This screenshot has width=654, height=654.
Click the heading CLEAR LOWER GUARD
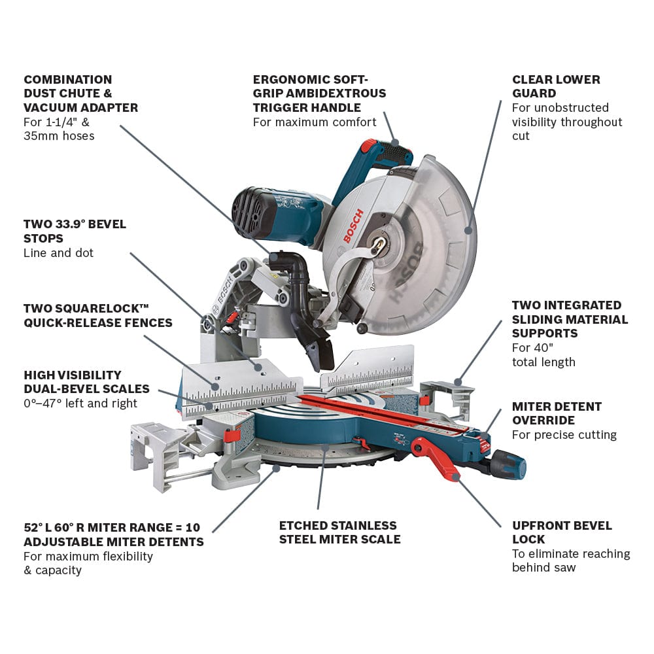(556, 86)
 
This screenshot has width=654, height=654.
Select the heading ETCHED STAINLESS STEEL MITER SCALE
(339, 532)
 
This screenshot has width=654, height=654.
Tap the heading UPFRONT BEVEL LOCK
(562, 532)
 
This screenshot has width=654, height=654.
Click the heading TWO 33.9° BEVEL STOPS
(75, 231)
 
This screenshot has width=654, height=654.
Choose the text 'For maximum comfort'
(315, 122)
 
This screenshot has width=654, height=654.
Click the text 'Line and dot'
(58, 253)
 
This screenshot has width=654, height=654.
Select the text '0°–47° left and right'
(80, 404)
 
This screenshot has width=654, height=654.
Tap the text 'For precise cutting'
(564, 435)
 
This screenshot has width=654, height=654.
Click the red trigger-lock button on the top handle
(370, 145)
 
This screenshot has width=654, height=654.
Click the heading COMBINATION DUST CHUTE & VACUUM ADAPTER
(80, 94)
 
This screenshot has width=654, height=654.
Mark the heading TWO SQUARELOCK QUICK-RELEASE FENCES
(97, 315)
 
